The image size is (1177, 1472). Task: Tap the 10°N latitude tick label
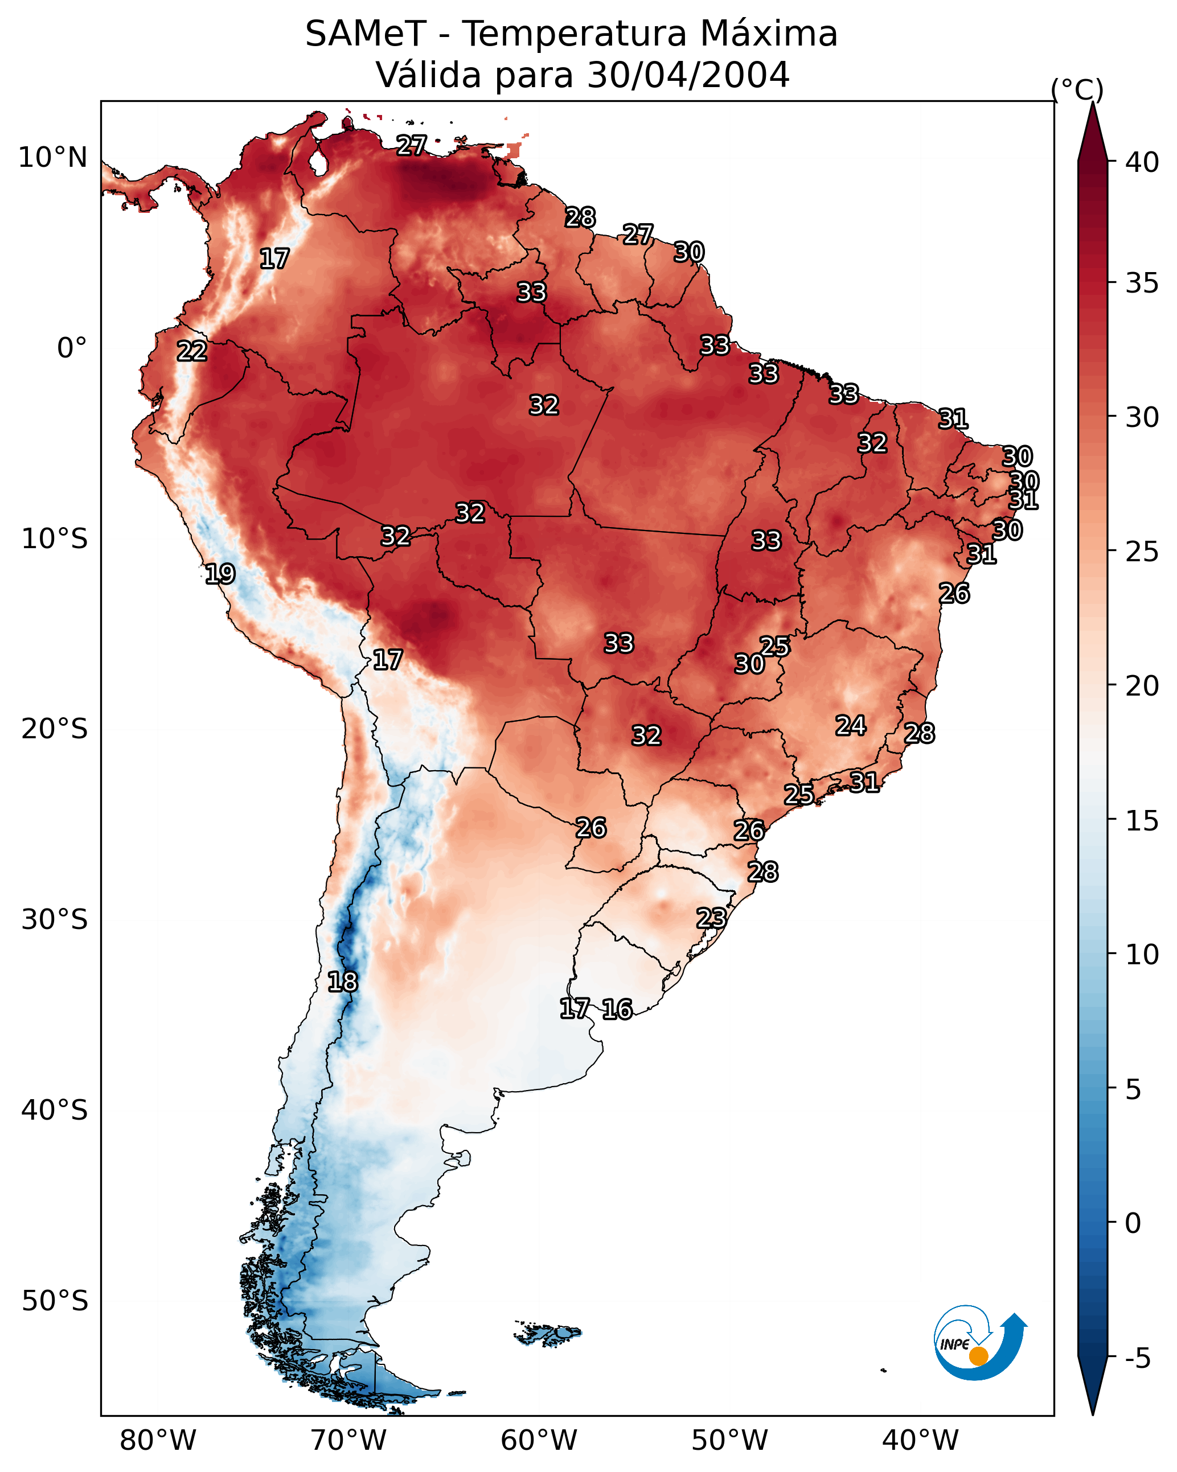pyautogui.click(x=52, y=158)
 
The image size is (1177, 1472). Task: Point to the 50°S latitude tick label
pyautogui.click(x=55, y=1301)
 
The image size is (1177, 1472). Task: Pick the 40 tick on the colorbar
pyautogui.click(x=1142, y=162)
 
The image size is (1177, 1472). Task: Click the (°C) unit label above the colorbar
pyautogui.click(x=1077, y=89)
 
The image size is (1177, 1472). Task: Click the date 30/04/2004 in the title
pyautogui.click(x=688, y=75)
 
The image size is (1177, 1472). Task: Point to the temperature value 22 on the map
pyautogui.click(x=192, y=351)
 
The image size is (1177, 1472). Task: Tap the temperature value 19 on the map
pyautogui.click(x=220, y=574)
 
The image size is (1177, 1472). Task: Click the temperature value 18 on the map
pyautogui.click(x=342, y=982)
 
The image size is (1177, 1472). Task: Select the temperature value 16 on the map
pyautogui.click(x=617, y=1009)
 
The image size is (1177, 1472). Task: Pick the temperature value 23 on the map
pyautogui.click(x=711, y=918)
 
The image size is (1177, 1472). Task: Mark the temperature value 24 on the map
pyautogui.click(x=851, y=725)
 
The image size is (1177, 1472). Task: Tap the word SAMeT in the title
pyautogui.click(x=366, y=34)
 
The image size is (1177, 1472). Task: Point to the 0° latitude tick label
pyautogui.click(x=72, y=348)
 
